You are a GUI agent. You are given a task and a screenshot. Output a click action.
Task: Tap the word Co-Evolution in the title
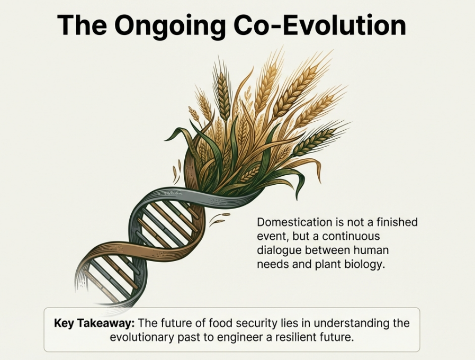[320, 25]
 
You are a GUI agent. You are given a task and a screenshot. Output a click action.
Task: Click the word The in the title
[82, 25]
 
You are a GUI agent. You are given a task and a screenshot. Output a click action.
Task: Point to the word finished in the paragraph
[397, 222]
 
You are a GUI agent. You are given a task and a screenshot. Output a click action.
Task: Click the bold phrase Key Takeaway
[94, 323]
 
